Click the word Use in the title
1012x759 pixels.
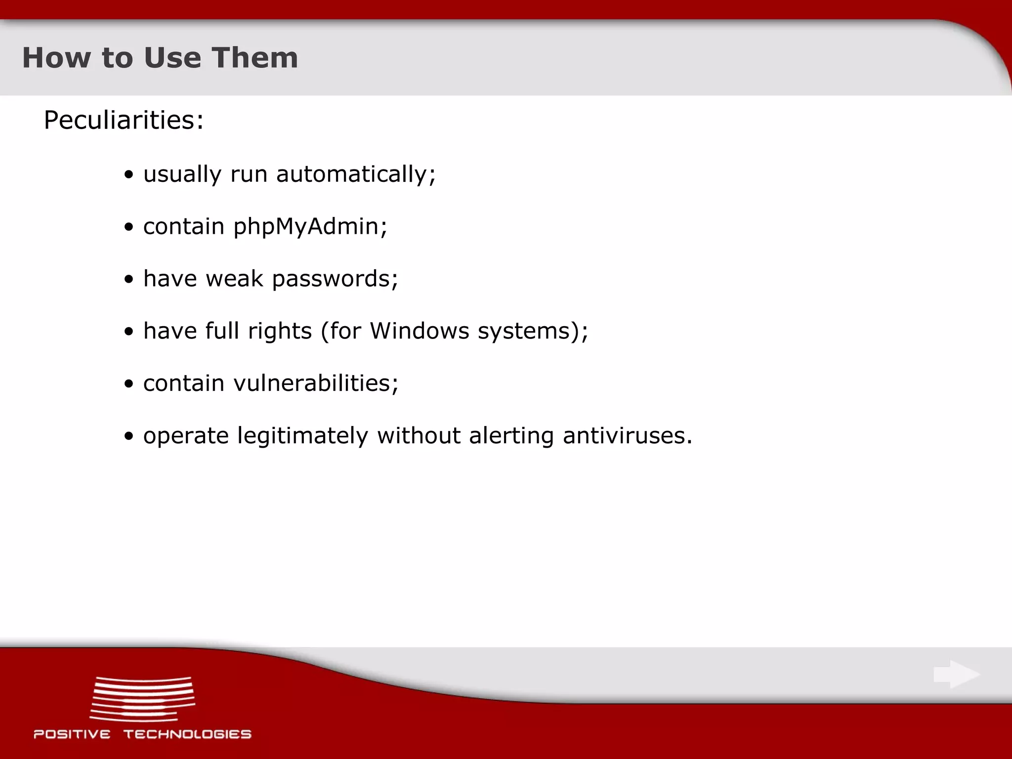tap(172, 58)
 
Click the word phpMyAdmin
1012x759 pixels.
tap(306, 227)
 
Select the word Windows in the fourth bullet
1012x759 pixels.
tap(420, 331)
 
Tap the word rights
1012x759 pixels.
tap(280, 332)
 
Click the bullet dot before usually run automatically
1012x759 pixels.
tap(129, 175)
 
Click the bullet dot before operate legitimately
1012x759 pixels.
tap(129, 437)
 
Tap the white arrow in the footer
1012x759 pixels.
tap(957, 675)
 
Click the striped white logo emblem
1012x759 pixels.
tap(143, 699)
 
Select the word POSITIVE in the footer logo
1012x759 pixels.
tap(72, 734)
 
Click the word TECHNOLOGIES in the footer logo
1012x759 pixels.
tap(187, 734)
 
